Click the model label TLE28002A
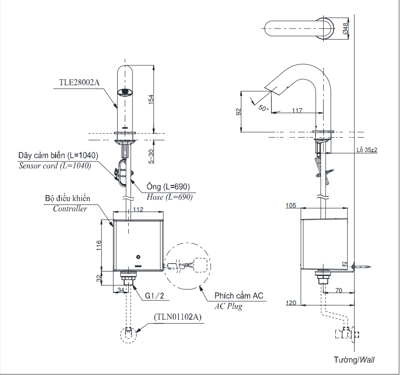(79, 83)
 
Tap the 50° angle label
(263, 108)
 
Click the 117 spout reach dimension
(297, 110)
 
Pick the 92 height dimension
(237, 112)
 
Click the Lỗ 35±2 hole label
(366, 150)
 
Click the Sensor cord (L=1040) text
(54, 166)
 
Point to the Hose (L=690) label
(169, 196)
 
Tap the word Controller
(69, 208)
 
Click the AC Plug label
(228, 306)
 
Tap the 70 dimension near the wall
(339, 291)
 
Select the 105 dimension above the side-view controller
(290, 206)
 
